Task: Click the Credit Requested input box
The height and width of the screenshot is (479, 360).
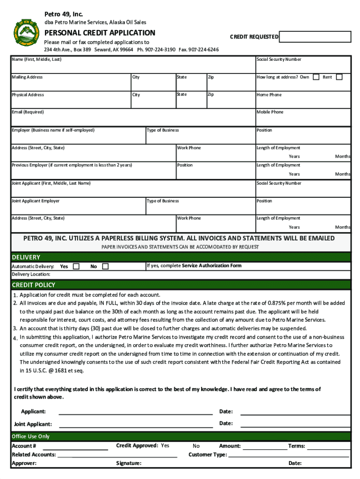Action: point(315,37)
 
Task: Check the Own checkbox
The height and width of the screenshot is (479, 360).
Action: point(316,77)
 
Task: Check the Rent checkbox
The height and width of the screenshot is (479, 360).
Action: point(339,77)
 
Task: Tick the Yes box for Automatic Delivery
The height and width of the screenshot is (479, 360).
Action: point(76,266)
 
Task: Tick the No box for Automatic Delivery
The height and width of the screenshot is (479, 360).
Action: point(105,266)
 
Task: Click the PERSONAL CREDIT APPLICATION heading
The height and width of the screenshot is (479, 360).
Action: point(100,33)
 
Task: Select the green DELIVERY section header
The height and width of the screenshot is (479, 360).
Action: point(180,257)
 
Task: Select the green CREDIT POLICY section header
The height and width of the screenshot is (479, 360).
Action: point(180,284)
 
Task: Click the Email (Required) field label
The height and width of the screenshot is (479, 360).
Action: point(28,112)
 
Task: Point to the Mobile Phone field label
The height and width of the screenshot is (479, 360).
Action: point(270,112)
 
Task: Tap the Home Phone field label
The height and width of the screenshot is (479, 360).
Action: point(269,94)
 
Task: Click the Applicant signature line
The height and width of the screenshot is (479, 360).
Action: point(136,412)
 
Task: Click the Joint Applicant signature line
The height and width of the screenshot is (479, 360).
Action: point(136,424)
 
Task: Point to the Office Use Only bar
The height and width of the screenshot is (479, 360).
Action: point(180,436)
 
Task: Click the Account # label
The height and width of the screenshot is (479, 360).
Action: point(24,446)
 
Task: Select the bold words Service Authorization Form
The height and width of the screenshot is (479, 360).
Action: point(211,266)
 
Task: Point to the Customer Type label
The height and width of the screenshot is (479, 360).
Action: point(208,454)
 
